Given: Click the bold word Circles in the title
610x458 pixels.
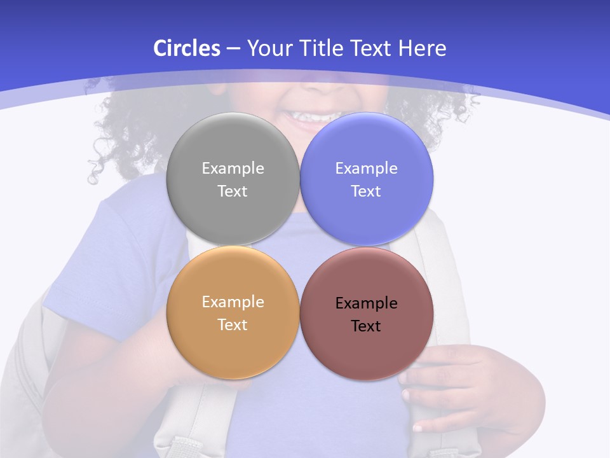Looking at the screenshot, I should click(x=187, y=48).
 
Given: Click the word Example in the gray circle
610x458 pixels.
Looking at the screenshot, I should click(x=233, y=169).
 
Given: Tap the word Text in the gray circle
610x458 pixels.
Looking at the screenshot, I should click(x=233, y=191).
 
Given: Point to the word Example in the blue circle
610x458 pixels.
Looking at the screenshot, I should click(x=367, y=169).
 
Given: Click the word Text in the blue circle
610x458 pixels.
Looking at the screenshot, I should click(x=367, y=191).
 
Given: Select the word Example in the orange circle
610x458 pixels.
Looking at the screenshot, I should click(x=233, y=302).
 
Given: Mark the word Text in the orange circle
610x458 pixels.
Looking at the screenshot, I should click(x=233, y=325).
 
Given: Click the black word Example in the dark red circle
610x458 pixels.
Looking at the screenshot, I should click(x=367, y=303).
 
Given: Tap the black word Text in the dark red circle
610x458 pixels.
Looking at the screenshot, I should click(x=367, y=326).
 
